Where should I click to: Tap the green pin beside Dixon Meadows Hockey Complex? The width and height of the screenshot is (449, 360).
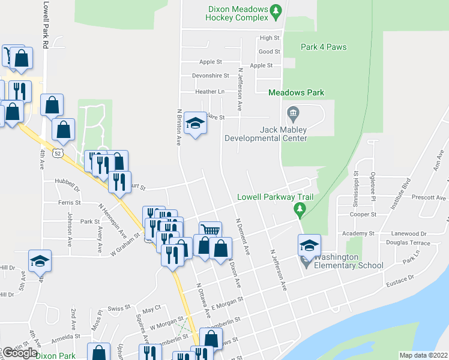(x=276, y=10)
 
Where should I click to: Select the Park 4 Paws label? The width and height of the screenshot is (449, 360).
(x=324, y=47)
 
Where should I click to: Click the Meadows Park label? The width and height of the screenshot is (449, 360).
(x=296, y=92)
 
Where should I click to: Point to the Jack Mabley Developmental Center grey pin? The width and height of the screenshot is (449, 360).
(x=293, y=112)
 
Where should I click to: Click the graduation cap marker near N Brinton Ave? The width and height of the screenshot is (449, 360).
(x=194, y=124)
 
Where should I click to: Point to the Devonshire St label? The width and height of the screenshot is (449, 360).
(x=211, y=76)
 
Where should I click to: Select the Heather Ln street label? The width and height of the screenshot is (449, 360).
(x=209, y=92)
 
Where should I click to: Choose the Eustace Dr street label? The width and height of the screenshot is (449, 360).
(x=403, y=278)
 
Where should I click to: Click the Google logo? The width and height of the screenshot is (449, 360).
(x=20, y=353)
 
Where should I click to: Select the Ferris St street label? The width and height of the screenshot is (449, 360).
(x=70, y=202)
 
